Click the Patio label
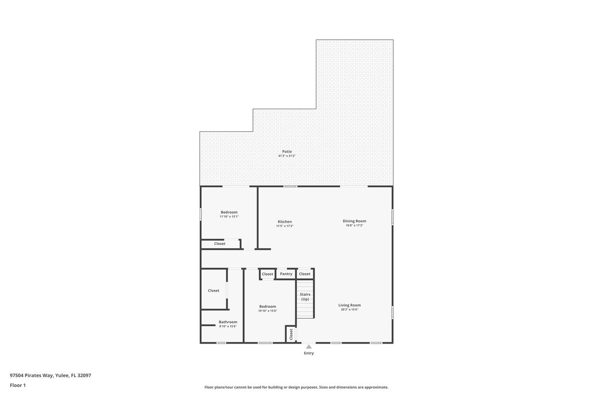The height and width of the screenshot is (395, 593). point(287,152)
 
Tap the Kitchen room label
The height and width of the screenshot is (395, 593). point(285,222)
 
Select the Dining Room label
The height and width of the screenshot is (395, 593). point(354,221)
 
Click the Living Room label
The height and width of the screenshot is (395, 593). point(349,305)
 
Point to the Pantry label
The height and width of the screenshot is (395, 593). point(286,274)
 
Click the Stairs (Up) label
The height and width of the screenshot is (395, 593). point(305,297)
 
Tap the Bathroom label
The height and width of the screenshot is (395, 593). point(228,322)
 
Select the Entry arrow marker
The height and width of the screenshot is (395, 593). point(309,347)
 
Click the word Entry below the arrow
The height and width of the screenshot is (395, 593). point(309,353)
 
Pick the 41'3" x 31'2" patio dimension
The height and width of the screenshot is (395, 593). point(287,156)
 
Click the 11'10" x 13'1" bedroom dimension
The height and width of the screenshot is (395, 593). point(229,216)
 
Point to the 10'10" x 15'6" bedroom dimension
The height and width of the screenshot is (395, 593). point(267,311)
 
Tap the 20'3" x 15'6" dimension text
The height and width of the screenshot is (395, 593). point(349,310)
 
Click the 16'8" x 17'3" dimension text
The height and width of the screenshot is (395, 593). point(354,226)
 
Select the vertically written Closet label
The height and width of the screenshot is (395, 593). point(291,334)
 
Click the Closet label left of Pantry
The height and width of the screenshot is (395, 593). point(267,274)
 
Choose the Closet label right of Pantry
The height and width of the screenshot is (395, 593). point(305,274)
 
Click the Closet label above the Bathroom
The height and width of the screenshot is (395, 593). point(213,290)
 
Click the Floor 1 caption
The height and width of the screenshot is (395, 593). point(18,385)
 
